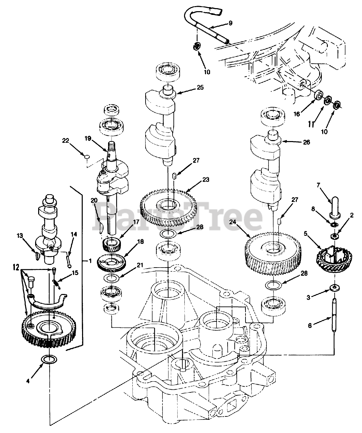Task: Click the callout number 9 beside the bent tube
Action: pyautogui.click(x=230, y=23)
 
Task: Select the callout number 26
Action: pyautogui.click(x=306, y=142)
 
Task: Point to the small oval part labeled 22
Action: pyautogui.click(x=86, y=156)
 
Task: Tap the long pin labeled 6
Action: pyautogui.click(x=334, y=316)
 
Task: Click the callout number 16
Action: pyautogui.click(x=296, y=114)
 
